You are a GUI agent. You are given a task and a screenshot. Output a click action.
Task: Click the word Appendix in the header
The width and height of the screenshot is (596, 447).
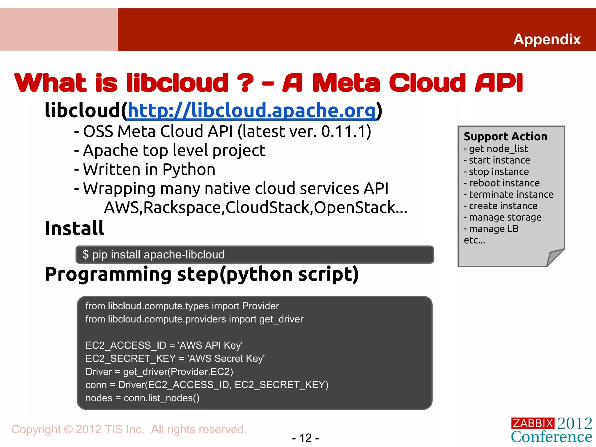coord(547,39)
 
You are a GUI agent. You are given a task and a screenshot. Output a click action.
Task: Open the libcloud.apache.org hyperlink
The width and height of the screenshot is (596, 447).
coord(252,111)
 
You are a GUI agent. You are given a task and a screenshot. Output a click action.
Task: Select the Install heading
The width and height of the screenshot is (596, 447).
coord(74,228)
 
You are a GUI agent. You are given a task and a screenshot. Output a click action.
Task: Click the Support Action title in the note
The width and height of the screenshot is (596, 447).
coord(505,136)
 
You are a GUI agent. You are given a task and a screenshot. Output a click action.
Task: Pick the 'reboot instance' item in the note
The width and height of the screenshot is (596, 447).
coord(504,183)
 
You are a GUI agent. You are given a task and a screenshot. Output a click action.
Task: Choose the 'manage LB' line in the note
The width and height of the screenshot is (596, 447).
coord(494,229)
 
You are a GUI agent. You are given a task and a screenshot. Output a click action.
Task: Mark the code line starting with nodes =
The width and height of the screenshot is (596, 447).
coord(142,398)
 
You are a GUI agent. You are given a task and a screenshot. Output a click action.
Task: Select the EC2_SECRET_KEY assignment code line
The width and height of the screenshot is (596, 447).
coord(175,359)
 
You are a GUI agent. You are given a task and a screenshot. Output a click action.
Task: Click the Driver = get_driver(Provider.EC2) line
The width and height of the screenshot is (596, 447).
coord(159,372)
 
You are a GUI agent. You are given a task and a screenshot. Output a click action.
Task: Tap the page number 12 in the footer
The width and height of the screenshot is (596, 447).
coord(306,438)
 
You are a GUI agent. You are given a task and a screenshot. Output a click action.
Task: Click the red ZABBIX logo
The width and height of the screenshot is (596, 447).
coord(532,423)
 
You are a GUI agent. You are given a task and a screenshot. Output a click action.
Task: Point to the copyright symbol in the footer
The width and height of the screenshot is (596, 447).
coord(68,430)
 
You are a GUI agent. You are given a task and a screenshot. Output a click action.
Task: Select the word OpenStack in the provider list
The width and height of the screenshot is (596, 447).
coord(354,207)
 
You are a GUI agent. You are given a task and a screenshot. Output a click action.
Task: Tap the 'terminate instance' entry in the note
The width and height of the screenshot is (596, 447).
coord(511,194)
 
